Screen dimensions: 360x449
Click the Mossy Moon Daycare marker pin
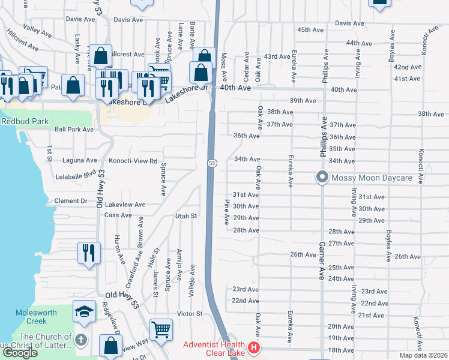click(322, 178)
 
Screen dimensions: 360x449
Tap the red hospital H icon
click(255, 347)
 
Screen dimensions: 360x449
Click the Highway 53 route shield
click(212, 163)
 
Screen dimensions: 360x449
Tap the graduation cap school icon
click(84, 310)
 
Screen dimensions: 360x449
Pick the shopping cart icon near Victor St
click(161, 329)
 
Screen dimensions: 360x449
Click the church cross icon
click(82, 340)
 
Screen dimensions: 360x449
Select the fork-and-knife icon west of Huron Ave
click(88, 252)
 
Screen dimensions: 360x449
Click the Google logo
click(20, 353)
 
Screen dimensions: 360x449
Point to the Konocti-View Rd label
click(133, 161)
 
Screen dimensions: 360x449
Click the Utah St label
click(186, 215)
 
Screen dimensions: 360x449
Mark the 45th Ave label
click(310, 30)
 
